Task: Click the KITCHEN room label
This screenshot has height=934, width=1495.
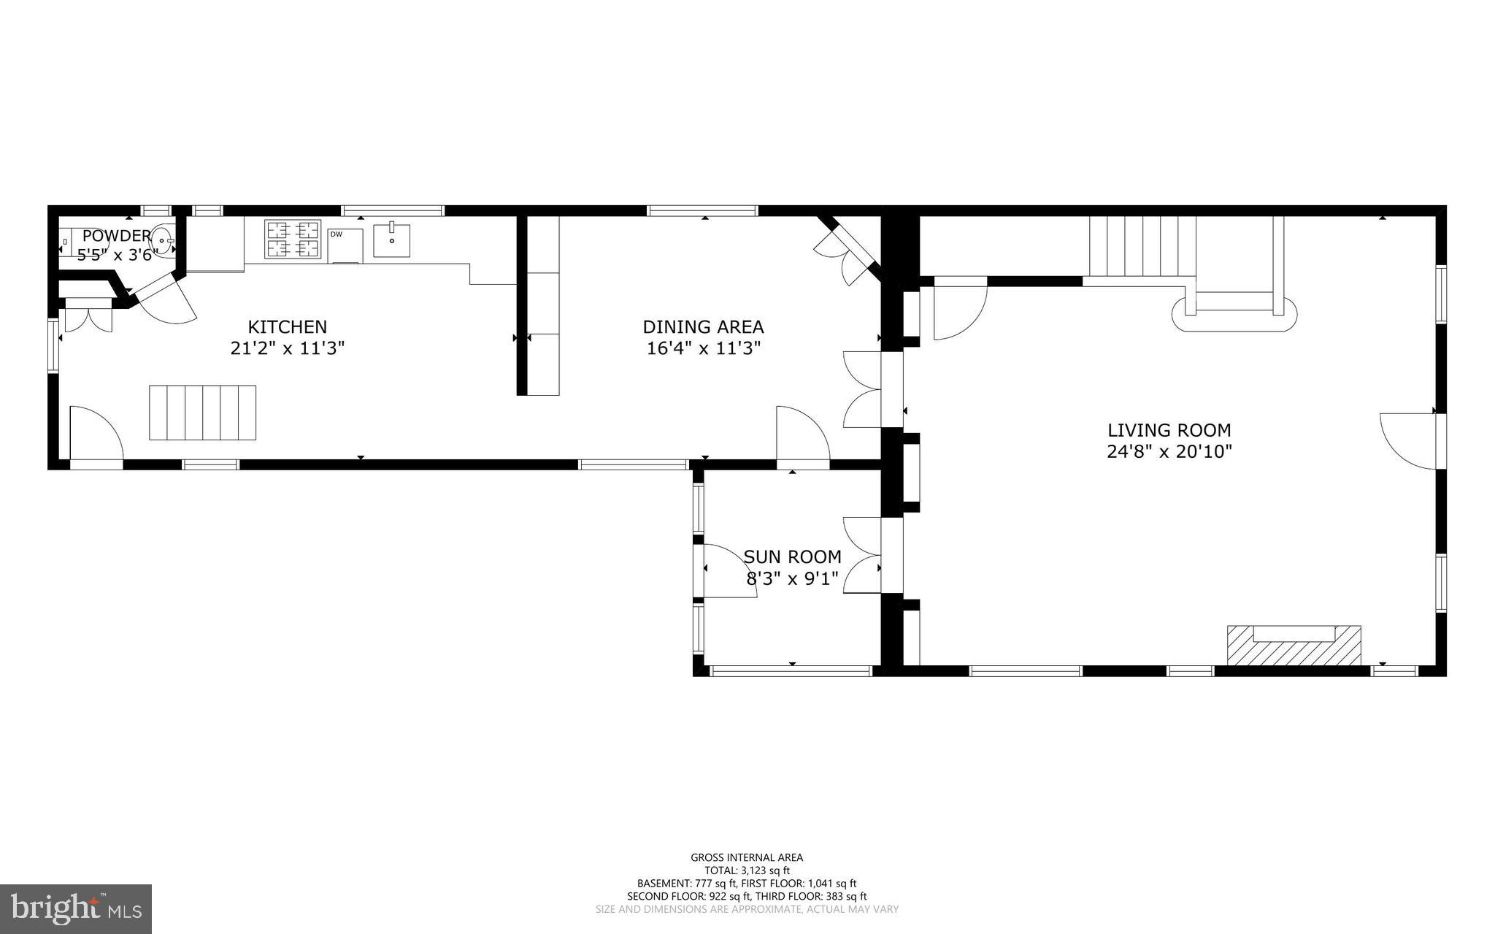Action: (288, 327)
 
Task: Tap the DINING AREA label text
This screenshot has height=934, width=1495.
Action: (703, 327)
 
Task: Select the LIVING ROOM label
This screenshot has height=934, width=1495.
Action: (1169, 431)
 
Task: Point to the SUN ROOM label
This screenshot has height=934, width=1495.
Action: (792, 557)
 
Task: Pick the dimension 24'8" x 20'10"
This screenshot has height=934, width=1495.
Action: (1169, 452)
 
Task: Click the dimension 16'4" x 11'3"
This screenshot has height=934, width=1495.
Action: (703, 348)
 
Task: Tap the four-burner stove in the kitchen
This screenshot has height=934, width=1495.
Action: (293, 240)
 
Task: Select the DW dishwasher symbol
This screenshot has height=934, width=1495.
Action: (345, 245)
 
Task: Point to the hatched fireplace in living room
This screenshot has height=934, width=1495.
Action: (1294, 646)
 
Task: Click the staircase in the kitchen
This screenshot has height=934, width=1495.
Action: (203, 413)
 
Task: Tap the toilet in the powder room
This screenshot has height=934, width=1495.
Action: (65, 240)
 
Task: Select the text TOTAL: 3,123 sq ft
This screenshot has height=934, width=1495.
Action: (747, 870)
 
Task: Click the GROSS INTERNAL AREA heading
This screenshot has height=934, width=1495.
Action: (747, 857)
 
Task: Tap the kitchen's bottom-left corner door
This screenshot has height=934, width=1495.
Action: (96, 435)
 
